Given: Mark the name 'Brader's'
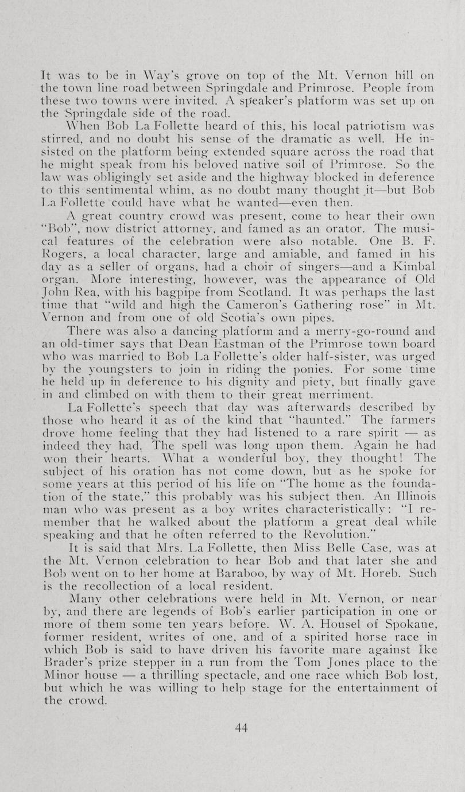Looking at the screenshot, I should pyautogui.click(x=69, y=662).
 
